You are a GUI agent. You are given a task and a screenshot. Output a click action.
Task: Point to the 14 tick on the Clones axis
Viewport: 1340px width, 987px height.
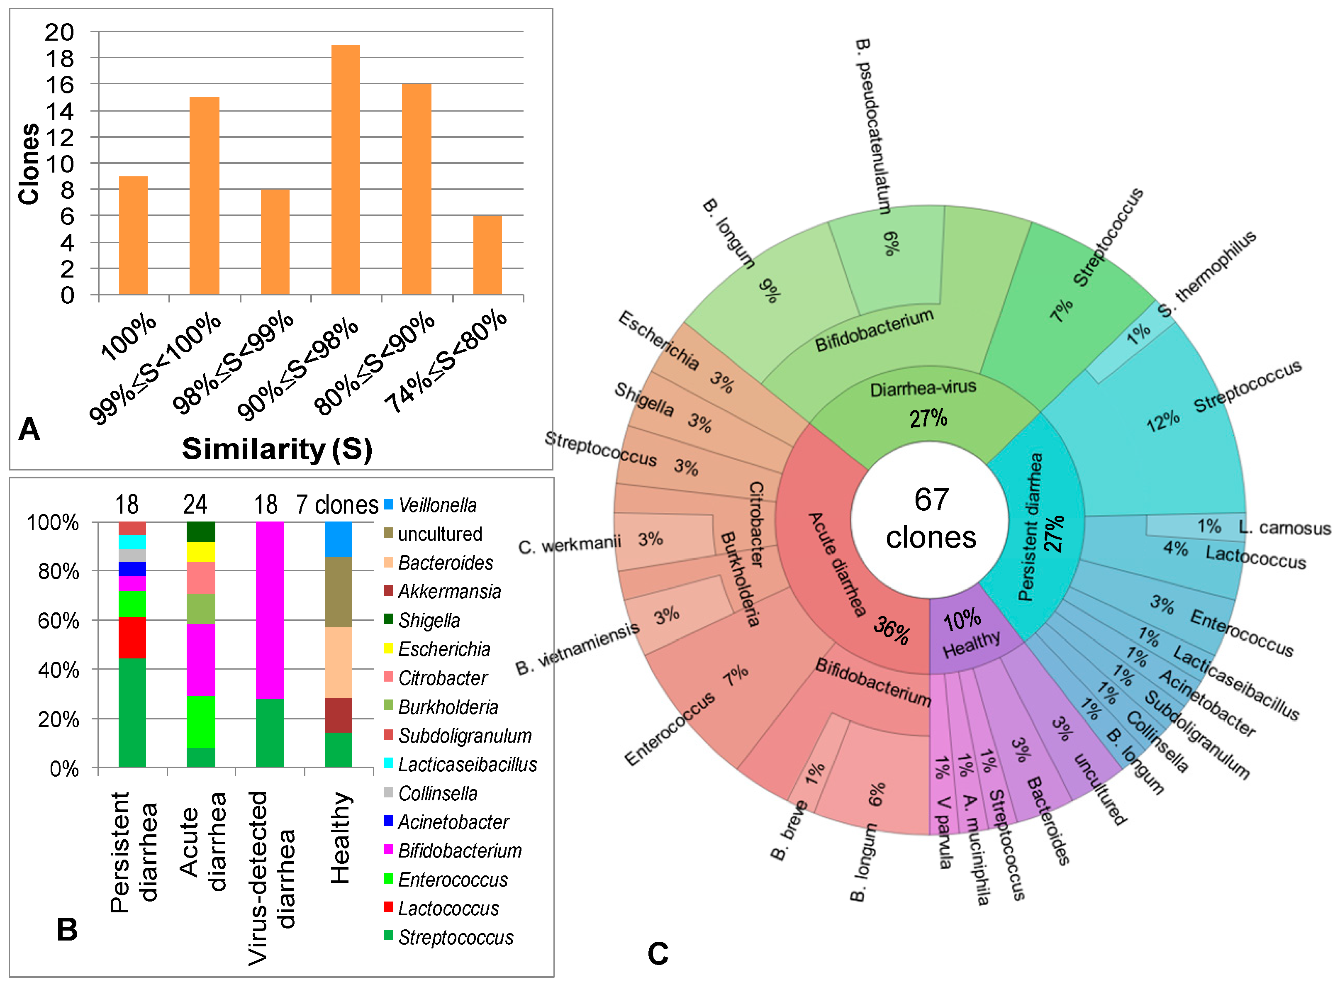tap(59, 111)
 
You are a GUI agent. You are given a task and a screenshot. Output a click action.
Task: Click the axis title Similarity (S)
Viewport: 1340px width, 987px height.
tap(277, 448)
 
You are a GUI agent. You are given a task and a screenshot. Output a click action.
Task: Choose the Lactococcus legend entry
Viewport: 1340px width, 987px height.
tap(448, 908)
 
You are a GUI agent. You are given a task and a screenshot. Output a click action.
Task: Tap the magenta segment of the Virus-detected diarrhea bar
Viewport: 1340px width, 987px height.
tap(269, 609)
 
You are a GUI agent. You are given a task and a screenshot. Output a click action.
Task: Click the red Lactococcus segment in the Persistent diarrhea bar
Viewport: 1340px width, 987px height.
tap(132, 638)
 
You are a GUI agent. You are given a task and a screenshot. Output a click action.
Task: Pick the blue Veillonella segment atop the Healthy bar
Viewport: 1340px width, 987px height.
tap(338, 539)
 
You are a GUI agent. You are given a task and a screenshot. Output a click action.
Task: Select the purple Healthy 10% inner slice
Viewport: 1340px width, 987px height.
tap(968, 633)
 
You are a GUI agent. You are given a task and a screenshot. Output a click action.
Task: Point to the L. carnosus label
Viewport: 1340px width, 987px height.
tap(1284, 528)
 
